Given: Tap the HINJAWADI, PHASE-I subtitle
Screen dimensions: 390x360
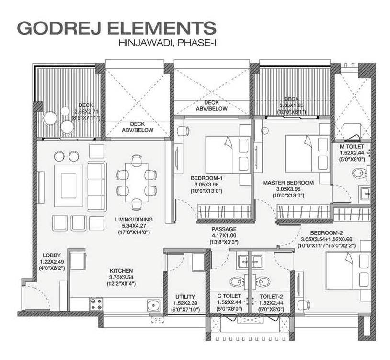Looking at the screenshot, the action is tap(167, 43).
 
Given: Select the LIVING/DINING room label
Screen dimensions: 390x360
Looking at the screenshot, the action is tap(134, 220).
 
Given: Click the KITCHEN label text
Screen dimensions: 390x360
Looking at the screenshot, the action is tap(121, 271).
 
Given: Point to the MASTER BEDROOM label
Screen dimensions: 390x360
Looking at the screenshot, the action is tap(288, 183).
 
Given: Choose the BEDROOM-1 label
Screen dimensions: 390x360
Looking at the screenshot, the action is tap(206, 178).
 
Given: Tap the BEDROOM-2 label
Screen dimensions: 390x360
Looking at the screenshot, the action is tap(326, 233).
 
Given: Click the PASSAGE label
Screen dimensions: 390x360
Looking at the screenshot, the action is tap(224, 229).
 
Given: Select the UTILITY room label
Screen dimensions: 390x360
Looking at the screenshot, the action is tap(185, 297).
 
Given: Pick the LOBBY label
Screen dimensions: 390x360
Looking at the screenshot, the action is tap(52, 255).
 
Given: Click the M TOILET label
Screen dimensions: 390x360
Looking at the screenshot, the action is tap(352, 147).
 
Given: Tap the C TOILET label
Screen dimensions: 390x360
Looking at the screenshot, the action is tap(229, 296).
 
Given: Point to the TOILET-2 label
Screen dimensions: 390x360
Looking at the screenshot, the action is tap(271, 297).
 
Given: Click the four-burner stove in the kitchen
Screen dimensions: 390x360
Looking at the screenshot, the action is tap(96, 304).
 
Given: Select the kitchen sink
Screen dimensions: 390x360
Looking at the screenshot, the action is tap(153, 305).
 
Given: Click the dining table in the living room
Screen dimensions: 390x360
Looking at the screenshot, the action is tap(137, 183).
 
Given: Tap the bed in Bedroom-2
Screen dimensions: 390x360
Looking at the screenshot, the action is tap(348, 271).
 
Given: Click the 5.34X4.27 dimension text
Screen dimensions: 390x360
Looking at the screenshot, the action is tap(134, 226).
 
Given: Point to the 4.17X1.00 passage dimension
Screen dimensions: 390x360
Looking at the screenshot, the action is tap(224, 235).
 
